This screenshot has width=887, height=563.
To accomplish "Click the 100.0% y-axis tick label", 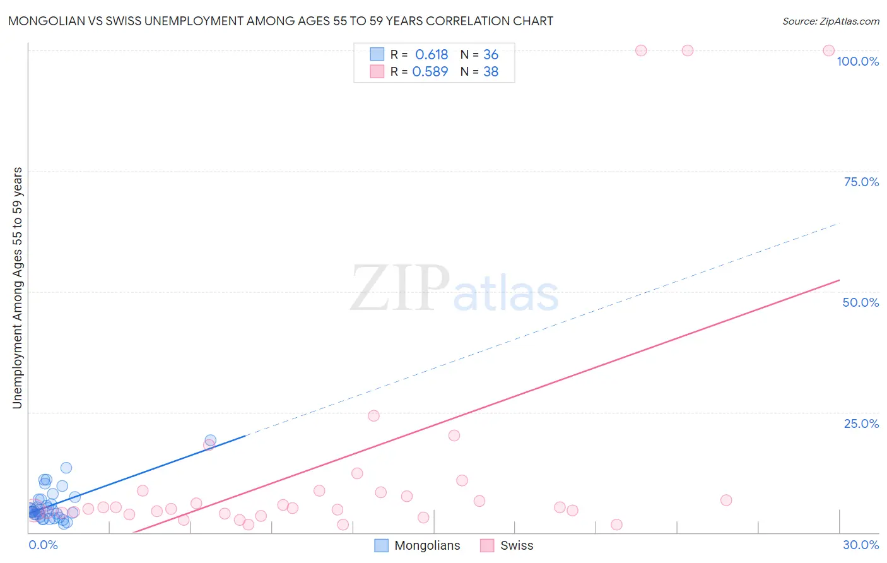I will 857,61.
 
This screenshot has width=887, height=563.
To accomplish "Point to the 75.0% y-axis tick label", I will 861,182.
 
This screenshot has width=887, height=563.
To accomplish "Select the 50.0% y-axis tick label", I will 861,302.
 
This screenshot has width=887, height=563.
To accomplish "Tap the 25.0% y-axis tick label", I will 861,424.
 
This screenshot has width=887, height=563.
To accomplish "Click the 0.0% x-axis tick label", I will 43,545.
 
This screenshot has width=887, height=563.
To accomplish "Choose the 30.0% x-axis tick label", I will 861,545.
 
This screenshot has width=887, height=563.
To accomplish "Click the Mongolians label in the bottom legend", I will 427,545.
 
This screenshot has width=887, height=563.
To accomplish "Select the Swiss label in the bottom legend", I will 517,545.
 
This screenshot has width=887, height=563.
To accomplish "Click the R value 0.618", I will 432,55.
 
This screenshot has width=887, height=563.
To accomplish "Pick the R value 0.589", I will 430,72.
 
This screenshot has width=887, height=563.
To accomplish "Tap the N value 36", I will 491,55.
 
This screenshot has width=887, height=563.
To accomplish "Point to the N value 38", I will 491,72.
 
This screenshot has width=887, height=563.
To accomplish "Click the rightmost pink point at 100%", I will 829,50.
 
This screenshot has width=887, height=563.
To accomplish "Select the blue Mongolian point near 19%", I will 211,440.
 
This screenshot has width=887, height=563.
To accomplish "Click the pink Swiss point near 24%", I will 373,415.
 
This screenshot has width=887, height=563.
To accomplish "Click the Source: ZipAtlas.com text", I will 830,21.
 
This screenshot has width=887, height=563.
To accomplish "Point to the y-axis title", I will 17,288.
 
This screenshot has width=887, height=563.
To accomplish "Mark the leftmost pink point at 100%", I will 641,50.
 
